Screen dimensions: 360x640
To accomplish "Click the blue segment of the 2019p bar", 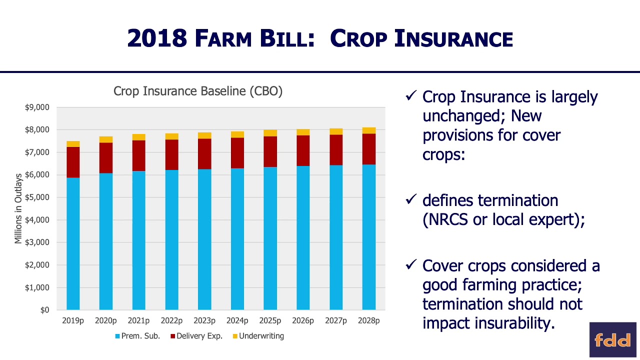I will tap(73, 243).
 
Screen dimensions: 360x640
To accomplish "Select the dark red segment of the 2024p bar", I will tap(237, 152).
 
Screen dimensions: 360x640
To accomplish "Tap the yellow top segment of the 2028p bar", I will tap(369, 130).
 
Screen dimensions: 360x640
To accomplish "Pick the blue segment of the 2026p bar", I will tap(303, 237).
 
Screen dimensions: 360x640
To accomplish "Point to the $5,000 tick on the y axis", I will tap(37, 197).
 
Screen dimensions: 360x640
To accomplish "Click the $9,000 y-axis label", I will tap(37, 107).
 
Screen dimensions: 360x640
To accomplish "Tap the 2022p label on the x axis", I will tap(171, 320).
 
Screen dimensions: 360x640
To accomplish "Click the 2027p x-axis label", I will tap(336, 320).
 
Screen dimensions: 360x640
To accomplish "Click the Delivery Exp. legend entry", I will tap(195, 336).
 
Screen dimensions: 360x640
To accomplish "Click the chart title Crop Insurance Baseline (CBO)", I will tap(198, 91).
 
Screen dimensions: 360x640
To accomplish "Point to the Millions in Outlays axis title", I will tap(18, 208).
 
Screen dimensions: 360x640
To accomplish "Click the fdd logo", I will tap(612, 339).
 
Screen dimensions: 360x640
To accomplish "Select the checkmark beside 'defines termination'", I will tap(411, 199).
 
